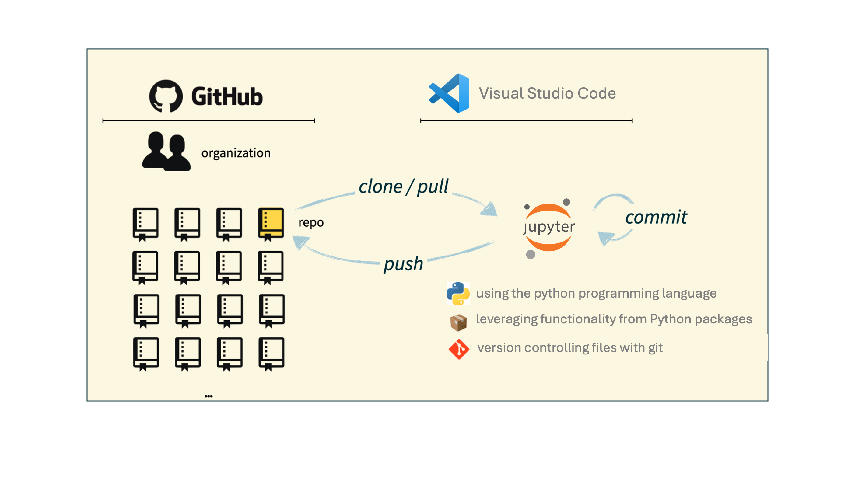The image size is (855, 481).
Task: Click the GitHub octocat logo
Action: [x=166, y=96]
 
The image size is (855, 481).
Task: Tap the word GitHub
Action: [x=227, y=96]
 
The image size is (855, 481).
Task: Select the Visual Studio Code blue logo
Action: [x=449, y=93]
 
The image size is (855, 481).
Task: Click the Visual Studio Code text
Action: [x=547, y=93]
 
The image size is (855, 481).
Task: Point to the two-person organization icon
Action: [x=166, y=151]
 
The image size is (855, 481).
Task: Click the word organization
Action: [x=236, y=153]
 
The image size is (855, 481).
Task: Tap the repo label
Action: [x=311, y=222]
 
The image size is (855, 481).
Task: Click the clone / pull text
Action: [x=403, y=186]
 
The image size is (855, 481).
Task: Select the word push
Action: [x=403, y=264]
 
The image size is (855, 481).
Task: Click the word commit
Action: [x=656, y=217]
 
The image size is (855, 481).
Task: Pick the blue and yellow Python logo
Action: [x=458, y=294]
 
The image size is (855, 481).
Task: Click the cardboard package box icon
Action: [x=458, y=322]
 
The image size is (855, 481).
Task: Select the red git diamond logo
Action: [x=459, y=349]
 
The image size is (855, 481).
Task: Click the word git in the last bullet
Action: [x=655, y=348]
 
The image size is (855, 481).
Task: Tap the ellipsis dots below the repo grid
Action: [x=208, y=396]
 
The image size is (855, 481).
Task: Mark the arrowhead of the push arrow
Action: [x=300, y=242]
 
